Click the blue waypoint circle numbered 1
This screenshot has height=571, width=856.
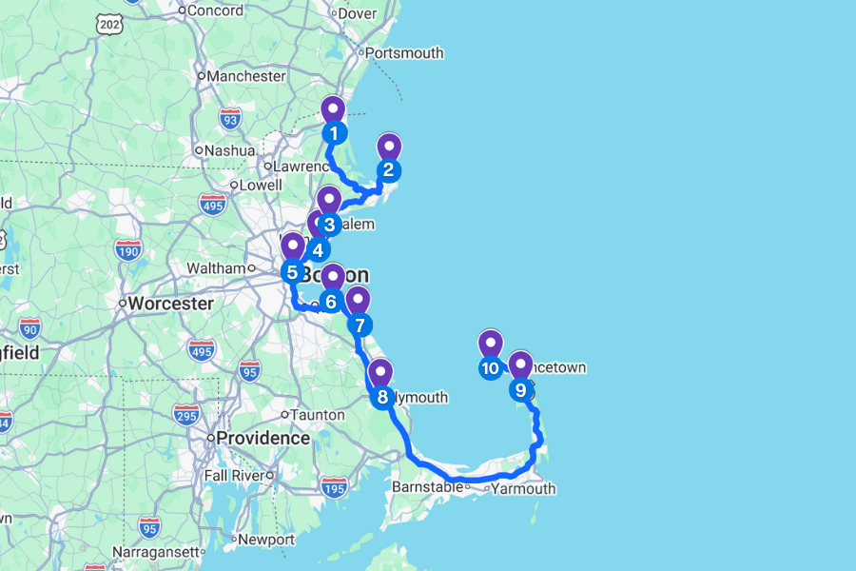tap(333, 133)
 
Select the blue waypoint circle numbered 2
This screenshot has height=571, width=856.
tap(388, 171)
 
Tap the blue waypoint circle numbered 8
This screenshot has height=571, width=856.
tap(382, 397)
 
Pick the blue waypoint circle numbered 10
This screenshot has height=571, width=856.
tap(491, 368)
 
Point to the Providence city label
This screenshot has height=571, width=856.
tap(263, 438)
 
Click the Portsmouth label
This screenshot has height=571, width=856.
tap(404, 53)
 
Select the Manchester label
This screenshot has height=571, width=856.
tap(246, 76)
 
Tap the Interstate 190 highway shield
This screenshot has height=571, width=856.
tap(127, 250)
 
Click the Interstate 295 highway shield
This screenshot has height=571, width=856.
tap(185, 414)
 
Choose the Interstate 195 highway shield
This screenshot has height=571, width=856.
tap(334, 488)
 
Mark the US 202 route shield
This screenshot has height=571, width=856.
tap(107, 22)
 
